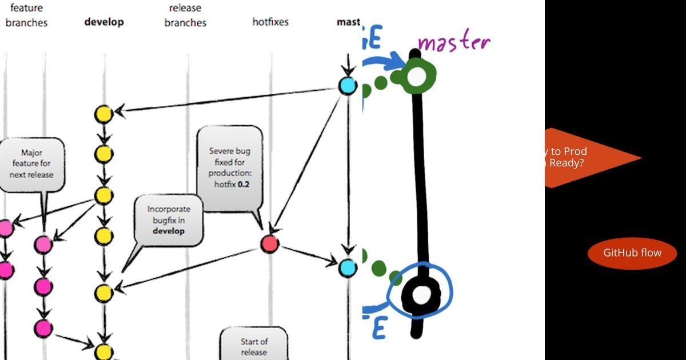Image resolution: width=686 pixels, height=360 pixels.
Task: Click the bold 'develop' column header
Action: (x=103, y=22)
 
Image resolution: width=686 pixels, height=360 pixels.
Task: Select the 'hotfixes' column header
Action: (x=270, y=22)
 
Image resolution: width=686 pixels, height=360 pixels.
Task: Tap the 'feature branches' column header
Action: (x=26, y=15)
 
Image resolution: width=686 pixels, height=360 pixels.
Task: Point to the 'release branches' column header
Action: (x=185, y=15)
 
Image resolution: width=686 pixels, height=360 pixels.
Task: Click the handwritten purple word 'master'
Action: (x=454, y=42)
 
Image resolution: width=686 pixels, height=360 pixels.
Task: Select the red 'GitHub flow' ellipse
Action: (x=632, y=253)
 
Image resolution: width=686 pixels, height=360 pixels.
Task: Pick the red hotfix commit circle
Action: (x=269, y=244)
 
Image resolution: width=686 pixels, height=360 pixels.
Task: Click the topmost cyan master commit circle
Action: (x=348, y=86)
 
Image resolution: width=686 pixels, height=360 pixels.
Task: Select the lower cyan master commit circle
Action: (x=347, y=267)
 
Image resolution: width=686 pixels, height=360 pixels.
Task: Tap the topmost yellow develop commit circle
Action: (x=103, y=114)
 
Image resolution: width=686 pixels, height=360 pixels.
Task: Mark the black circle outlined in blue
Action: (x=421, y=295)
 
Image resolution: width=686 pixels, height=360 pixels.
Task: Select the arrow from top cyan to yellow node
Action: (x=229, y=99)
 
